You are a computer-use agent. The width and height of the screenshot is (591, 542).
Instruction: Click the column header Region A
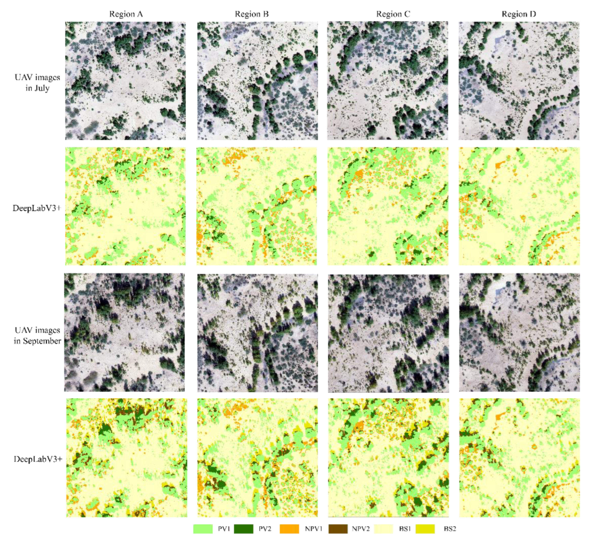coord(126,14)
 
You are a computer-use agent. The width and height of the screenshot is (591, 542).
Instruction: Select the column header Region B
coord(252,14)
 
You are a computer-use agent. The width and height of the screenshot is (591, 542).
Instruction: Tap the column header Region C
coord(393,14)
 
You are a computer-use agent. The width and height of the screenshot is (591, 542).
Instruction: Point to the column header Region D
coord(519,14)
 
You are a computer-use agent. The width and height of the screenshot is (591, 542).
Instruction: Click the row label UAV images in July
coord(37,83)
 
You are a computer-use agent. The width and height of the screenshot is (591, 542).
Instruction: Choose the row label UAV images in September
coord(37,335)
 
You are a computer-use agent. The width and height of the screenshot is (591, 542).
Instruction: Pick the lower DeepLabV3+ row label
coord(38,459)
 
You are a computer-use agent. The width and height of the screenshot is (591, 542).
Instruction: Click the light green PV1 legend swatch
coord(203,529)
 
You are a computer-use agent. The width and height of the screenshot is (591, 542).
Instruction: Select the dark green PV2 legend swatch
coord(243,529)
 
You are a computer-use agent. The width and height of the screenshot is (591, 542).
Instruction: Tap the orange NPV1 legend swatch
coord(289,529)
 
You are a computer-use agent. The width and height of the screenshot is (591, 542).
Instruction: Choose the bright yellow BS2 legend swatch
coord(425,529)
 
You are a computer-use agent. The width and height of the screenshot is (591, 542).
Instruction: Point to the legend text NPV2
coord(361,529)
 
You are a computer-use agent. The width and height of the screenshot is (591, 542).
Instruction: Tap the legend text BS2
coord(450,529)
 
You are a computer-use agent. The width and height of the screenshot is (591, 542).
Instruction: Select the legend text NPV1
coord(313,529)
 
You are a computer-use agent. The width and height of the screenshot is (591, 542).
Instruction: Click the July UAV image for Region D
coord(519,81)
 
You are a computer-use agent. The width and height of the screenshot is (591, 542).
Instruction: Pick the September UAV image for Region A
coord(125,332)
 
